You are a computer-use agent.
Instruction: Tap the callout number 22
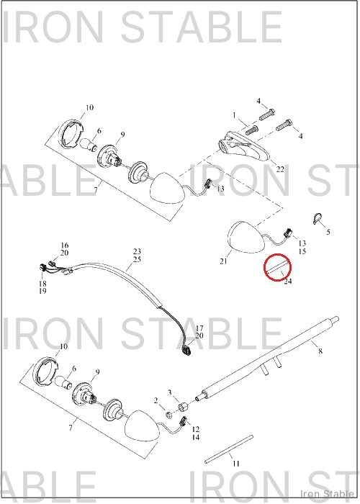[x=280, y=169]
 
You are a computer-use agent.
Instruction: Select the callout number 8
[x=320, y=351]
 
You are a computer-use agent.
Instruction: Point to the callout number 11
[x=236, y=464]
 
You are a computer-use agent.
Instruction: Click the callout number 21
[x=223, y=261]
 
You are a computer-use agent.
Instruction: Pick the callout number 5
[x=328, y=232]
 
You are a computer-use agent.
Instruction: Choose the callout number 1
[x=234, y=115]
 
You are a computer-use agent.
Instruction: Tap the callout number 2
[x=156, y=400]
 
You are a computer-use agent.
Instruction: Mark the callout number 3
[x=170, y=392]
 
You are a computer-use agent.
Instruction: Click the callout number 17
[x=199, y=328]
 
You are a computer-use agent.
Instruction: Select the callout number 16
[x=64, y=246]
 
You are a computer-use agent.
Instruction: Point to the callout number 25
[x=138, y=259]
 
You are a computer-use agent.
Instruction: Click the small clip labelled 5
[x=318, y=219]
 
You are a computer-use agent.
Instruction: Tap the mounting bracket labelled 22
[x=244, y=146]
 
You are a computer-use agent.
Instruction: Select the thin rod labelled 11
[x=229, y=449]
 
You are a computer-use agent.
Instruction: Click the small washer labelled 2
[x=168, y=414]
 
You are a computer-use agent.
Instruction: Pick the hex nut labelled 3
[x=183, y=407]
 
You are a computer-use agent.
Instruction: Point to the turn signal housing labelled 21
[x=246, y=237]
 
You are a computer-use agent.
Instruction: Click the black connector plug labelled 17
[x=186, y=350]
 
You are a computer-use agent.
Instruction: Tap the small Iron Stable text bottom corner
[x=327, y=494]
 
